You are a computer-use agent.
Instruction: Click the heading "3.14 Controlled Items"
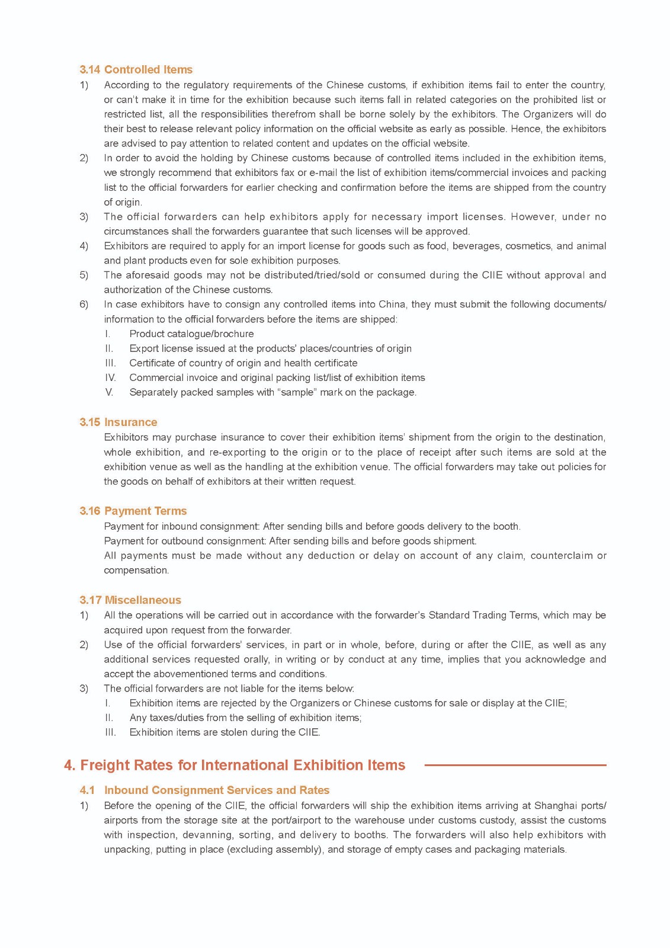point(136,69)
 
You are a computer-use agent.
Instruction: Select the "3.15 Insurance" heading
point(118,422)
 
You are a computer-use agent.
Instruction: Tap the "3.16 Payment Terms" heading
point(133,511)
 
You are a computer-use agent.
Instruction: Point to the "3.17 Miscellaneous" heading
point(130,600)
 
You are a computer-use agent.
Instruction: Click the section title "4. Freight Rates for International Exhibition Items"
point(235,765)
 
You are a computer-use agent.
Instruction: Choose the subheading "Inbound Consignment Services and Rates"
point(216,790)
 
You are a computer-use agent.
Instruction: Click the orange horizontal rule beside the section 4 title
point(515,765)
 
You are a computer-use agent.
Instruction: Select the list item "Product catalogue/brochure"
point(191,334)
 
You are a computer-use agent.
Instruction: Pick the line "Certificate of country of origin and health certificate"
point(243,363)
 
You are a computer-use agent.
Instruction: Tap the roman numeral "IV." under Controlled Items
point(110,377)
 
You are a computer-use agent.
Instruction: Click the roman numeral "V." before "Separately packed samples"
point(109,392)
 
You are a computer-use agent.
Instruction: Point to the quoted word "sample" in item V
point(297,392)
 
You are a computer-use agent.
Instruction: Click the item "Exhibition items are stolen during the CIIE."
point(225,732)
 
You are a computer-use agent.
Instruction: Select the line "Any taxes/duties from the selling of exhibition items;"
point(245,718)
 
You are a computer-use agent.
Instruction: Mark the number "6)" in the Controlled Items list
point(84,305)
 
